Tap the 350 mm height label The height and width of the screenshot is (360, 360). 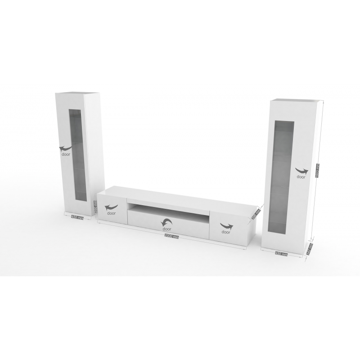tap(95, 207)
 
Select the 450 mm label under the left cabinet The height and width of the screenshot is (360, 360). tap(77, 217)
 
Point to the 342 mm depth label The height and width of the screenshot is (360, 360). tap(309, 248)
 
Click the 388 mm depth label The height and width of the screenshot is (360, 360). tap(257, 211)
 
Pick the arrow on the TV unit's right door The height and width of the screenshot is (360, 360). tap(226, 225)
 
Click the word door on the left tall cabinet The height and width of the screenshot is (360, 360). tap(66, 154)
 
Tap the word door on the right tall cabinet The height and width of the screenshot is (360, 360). tap(301, 177)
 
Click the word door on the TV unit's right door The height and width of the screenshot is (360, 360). tap(225, 232)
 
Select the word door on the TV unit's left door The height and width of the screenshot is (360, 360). tap(111, 214)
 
